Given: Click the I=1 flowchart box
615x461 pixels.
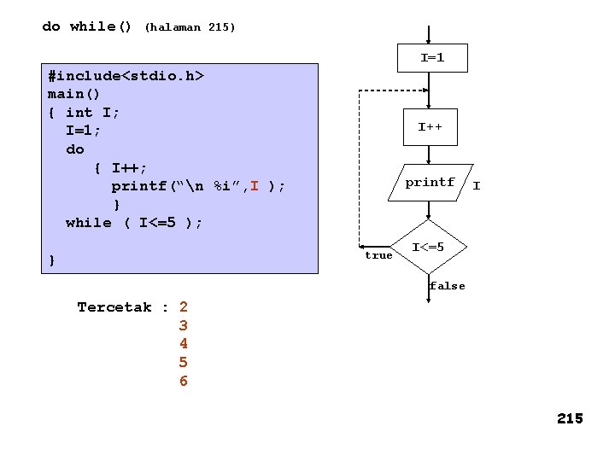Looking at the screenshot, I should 432,58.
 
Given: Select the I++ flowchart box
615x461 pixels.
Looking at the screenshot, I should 430,126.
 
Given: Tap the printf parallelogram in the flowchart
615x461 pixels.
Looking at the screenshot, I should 430,183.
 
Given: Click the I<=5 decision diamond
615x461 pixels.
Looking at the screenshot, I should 428,248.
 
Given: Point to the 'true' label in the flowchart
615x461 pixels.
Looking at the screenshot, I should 378,255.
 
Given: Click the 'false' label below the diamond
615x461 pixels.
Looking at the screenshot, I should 448,286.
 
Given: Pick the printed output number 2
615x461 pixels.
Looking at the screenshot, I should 184,307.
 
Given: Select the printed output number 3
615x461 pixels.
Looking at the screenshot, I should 184,325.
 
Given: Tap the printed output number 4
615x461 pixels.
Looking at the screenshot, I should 184,343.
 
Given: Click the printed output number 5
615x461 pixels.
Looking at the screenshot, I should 184,362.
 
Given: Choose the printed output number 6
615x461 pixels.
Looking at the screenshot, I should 184,381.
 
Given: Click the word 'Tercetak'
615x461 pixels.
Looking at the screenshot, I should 114,307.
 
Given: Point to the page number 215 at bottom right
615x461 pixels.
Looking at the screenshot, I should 570,418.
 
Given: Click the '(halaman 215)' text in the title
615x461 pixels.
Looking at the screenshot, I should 190,27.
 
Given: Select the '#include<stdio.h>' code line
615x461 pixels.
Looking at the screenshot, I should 126,76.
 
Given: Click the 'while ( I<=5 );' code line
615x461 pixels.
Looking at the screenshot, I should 134,223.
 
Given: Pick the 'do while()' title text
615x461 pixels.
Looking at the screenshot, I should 87,26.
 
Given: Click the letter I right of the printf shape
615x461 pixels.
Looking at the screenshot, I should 477,185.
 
